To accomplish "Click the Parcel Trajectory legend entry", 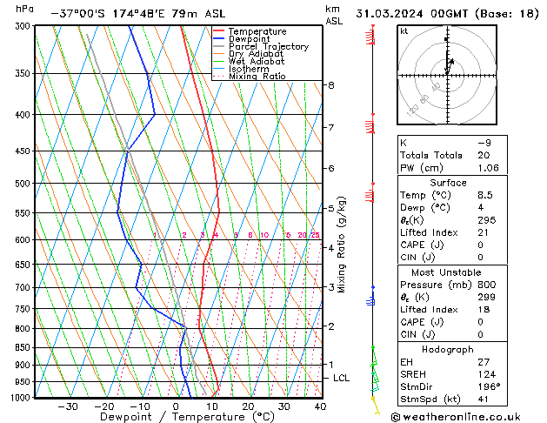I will [x=268, y=47].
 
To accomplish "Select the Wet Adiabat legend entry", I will [x=257, y=62].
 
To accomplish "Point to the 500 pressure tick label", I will [x=24, y=184].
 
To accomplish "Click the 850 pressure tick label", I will [x=24, y=347].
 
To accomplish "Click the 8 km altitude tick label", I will [x=331, y=85].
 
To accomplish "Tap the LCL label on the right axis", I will [x=342, y=378].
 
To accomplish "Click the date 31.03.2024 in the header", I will [x=391, y=14].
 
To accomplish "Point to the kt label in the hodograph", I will [x=404, y=30].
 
